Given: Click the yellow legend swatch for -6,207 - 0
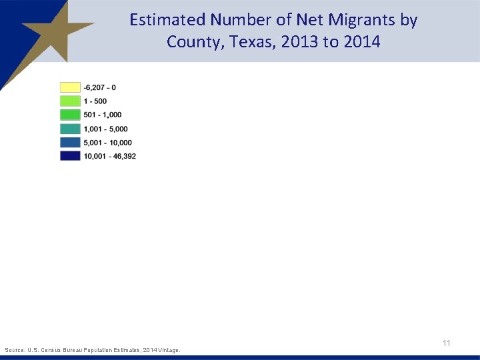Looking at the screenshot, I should coord(70,87).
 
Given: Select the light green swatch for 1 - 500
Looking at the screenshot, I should coord(70,101).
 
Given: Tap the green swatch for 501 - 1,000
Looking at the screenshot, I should coord(70,115).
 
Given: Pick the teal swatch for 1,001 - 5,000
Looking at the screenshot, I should coord(70,129).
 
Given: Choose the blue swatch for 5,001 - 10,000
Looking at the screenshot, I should coord(70,142).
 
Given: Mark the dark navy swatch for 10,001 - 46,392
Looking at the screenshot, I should coord(70,156).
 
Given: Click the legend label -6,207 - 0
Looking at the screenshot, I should coord(100,87).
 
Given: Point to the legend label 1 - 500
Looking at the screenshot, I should coord(95,101).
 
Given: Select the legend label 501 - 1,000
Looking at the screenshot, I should coord(103,115).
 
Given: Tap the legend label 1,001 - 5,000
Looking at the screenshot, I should coord(106,129).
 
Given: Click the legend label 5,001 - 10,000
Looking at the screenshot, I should coord(108,142).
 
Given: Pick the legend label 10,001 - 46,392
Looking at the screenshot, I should coord(110,156).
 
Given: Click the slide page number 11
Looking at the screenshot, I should coord(447,343).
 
